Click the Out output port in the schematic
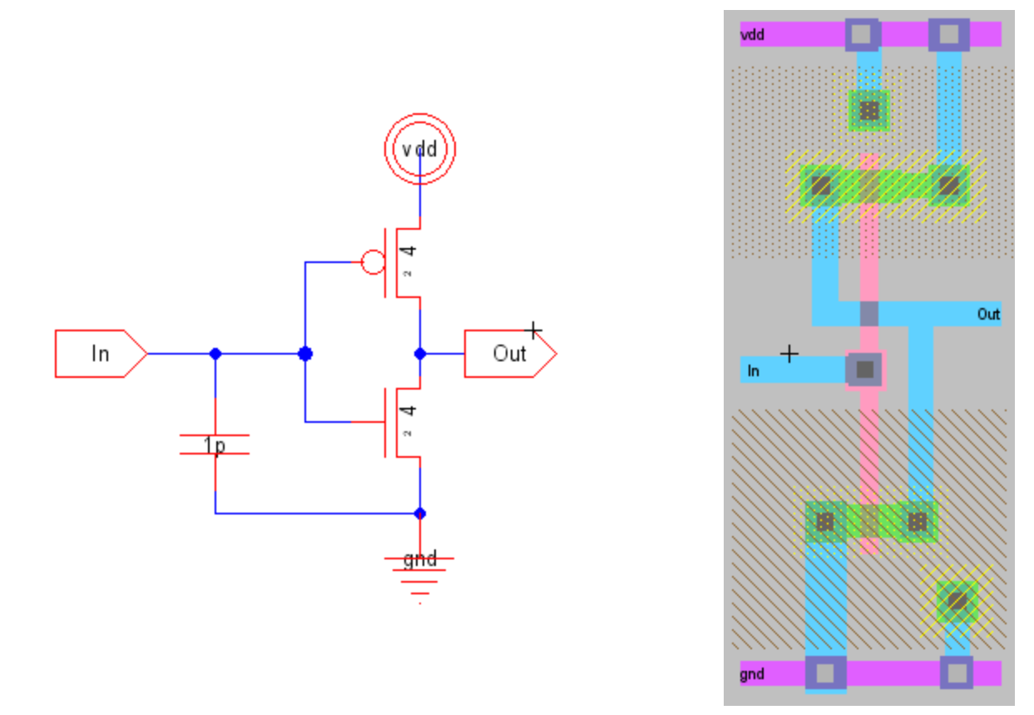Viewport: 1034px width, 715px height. coord(509,354)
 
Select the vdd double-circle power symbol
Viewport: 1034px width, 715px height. coord(420,149)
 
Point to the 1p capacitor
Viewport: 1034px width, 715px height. coord(215,445)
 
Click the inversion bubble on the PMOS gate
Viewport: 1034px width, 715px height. coord(373,263)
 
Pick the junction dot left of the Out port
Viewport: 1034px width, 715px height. coord(420,354)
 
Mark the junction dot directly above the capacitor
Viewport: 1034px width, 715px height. coord(215,354)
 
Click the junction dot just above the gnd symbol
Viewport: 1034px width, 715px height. coord(420,513)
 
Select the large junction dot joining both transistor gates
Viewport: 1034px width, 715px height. coord(305,354)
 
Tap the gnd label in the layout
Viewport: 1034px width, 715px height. coord(752,674)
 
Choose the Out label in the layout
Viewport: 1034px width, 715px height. coord(988,315)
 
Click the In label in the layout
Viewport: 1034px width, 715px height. coord(753,371)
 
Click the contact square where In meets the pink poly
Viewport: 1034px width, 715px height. coord(865,370)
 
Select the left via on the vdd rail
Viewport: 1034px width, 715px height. coord(862,34)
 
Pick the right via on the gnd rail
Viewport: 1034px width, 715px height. coord(957,673)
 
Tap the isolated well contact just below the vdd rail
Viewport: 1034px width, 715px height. coord(869,110)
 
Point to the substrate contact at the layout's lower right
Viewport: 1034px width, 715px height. coord(957,599)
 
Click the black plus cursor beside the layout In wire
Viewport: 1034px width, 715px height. coord(789,354)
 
